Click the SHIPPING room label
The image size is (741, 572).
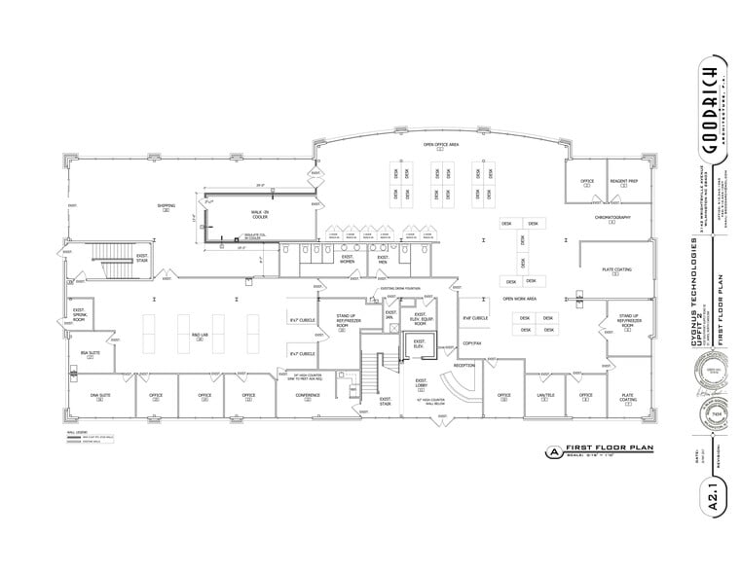[167, 206]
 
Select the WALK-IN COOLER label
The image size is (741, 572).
[258, 214]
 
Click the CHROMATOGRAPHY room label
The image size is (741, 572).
[612, 218]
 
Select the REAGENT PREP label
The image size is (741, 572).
[623, 182]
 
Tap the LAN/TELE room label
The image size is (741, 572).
[545, 397]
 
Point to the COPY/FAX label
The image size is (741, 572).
[472, 342]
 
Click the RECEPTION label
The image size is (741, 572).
[463, 366]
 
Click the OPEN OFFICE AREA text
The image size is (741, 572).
[440, 145]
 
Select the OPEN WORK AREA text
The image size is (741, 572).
[521, 299]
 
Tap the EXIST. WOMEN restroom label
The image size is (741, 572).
[347, 261]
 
